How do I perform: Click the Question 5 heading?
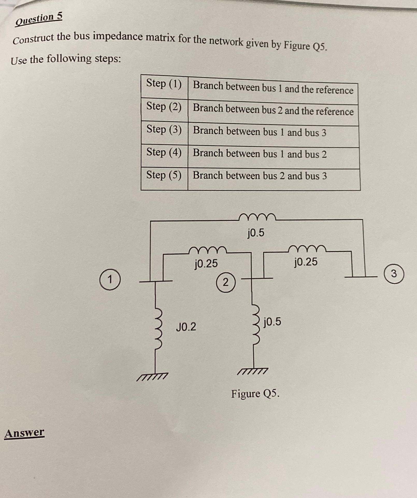[39, 19]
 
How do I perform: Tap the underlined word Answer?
[24, 433]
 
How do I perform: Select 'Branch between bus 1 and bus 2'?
[260, 154]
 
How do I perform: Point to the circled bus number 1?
[110, 280]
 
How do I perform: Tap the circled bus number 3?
[394, 274]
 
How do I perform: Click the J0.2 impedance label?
[186, 327]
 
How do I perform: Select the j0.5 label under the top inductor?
[256, 233]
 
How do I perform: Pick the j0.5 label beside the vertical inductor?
[272, 322]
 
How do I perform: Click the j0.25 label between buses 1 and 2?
[206, 264]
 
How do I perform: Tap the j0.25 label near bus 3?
[306, 262]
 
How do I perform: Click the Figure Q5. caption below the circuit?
[255, 394]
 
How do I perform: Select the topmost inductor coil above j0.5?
[257, 217]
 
